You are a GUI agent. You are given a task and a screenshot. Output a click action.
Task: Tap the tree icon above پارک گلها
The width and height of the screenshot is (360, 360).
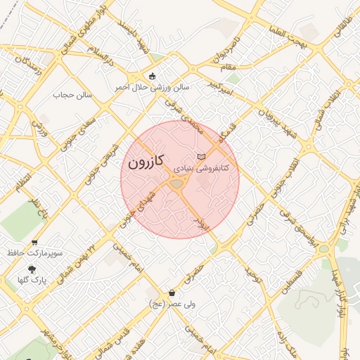pos(32,269)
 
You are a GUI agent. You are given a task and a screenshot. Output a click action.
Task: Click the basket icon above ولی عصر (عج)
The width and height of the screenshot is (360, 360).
pos(172,292)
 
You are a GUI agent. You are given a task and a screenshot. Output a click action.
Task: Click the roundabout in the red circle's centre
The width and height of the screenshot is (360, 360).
pos(176,184)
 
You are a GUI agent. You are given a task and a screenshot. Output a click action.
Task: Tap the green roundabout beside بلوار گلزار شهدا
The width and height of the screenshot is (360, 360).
pos(324,248)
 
